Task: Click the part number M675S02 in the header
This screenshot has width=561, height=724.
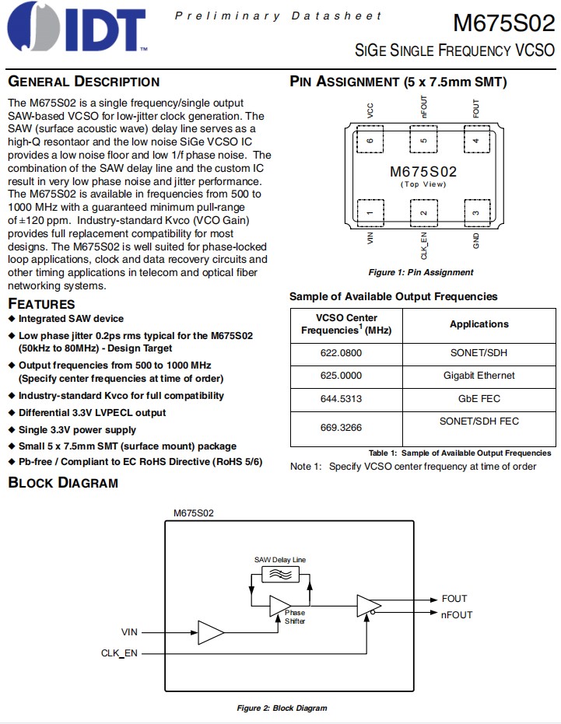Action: pos(503,23)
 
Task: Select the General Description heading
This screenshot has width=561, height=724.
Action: pos(83,82)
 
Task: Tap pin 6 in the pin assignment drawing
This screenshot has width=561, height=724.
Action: pos(370,141)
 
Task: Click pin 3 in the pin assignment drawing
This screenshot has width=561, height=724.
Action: pos(475,212)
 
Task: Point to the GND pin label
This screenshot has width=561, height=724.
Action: pos(475,240)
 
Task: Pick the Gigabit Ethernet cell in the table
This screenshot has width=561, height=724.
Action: pos(479,375)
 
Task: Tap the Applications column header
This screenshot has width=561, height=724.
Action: pos(479,324)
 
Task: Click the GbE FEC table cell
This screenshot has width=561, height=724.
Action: pos(479,398)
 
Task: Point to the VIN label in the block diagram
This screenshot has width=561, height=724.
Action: pos(129,631)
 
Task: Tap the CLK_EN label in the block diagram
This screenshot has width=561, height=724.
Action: pos(119,653)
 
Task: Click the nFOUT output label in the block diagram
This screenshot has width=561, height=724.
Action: pos(457,615)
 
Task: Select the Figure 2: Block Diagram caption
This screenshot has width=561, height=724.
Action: pos(282,708)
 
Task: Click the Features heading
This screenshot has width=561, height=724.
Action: pos(41,303)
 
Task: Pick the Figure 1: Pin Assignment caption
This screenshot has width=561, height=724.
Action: pos(420,272)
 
